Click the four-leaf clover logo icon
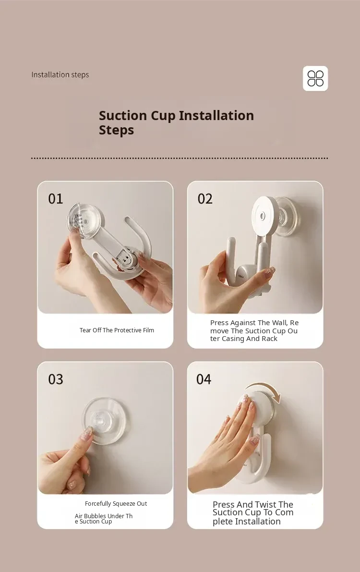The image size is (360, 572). (315, 78)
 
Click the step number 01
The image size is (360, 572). (56, 199)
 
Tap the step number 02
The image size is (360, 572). (205, 199)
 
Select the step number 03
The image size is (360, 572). (56, 379)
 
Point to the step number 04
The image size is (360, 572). (204, 379)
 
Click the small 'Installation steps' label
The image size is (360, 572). (60, 75)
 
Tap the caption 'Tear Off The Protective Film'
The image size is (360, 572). (117, 330)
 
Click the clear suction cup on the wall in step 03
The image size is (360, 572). (105, 421)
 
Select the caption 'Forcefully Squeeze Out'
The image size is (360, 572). (116, 504)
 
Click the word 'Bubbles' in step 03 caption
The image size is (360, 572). (95, 516)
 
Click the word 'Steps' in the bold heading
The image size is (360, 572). (116, 130)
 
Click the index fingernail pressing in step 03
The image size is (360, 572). (87, 433)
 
